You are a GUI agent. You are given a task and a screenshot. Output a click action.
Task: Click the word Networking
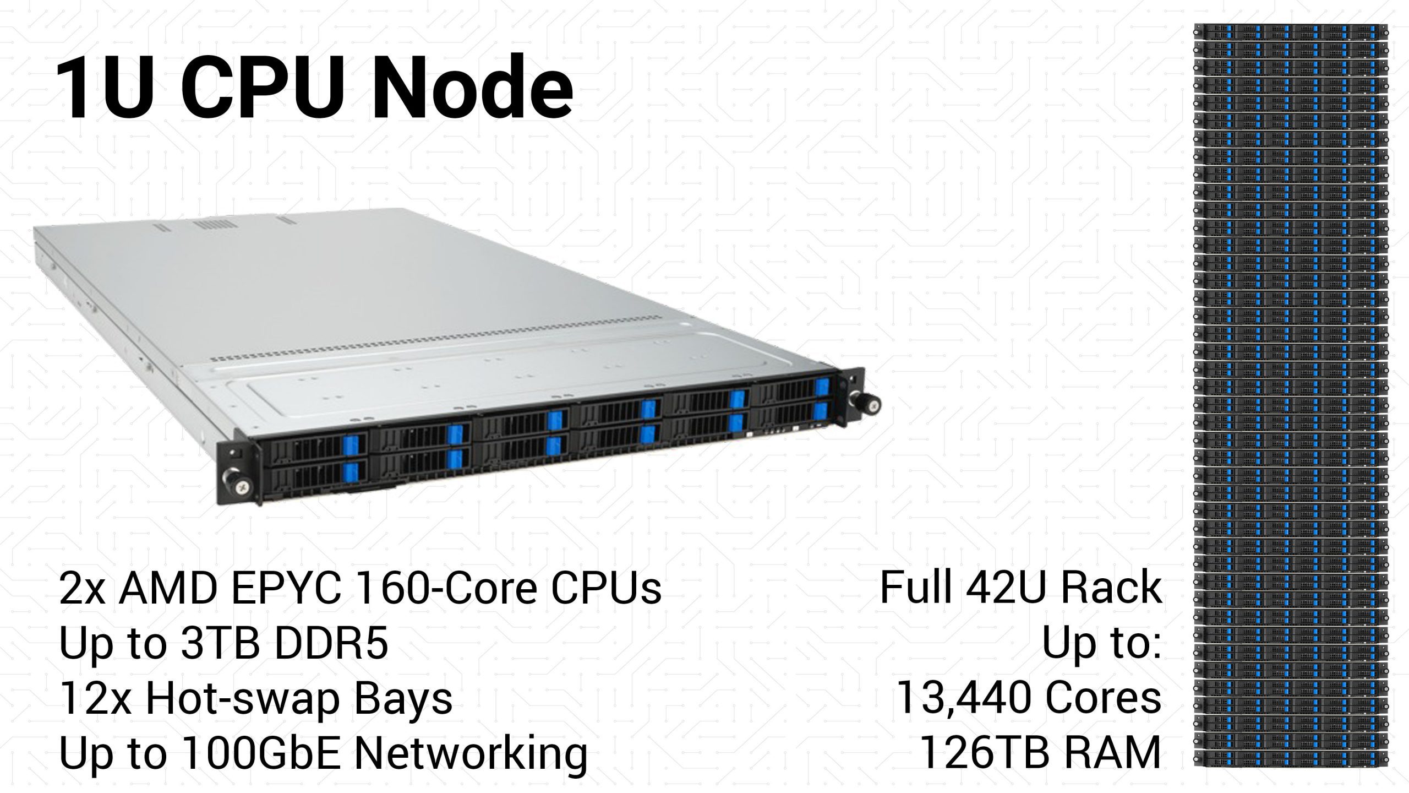point(471,754)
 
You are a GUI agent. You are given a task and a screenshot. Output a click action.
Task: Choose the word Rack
point(1111,588)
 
